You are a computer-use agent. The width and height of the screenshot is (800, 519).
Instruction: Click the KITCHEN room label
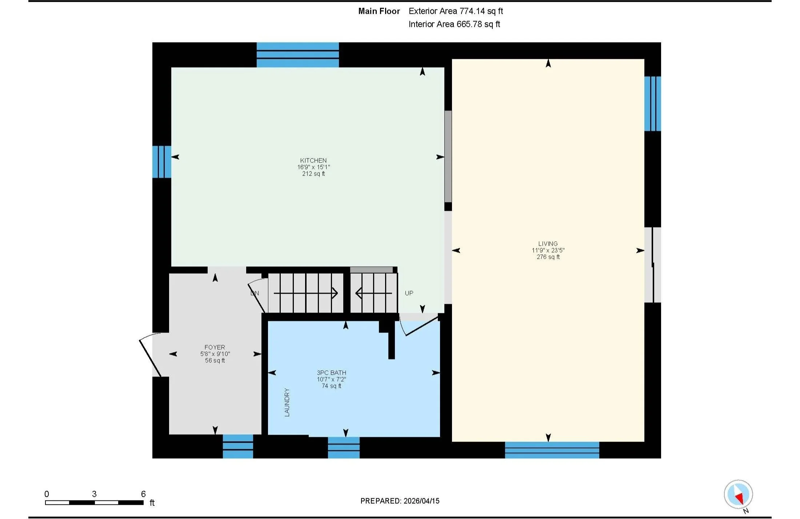pyautogui.click(x=313, y=160)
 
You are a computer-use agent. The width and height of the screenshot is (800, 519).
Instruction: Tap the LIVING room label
pyautogui.click(x=548, y=244)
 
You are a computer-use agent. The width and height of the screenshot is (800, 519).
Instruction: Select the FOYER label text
pyautogui.click(x=215, y=347)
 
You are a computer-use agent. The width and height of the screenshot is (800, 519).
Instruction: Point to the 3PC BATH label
pyautogui.click(x=331, y=373)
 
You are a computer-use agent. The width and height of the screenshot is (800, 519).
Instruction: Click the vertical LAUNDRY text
pyautogui.click(x=287, y=402)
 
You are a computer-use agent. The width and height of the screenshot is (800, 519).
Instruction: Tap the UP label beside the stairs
pyautogui.click(x=409, y=293)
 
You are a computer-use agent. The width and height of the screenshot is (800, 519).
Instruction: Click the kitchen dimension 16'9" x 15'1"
pyautogui.click(x=313, y=167)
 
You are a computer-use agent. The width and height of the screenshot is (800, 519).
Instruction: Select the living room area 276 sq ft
pyautogui.click(x=548, y=257)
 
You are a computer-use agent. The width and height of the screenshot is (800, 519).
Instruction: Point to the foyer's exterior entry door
pyautogui.click(x=150, y=355)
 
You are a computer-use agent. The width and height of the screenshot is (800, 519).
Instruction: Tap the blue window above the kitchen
pyautogui.click(x=297, y=55)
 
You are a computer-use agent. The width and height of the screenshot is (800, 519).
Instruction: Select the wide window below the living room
pyautogui.click(x=552, y=450)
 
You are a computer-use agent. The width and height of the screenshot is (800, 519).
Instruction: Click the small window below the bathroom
pyautogui.click(x=344, y=447)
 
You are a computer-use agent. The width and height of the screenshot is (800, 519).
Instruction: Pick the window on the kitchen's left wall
pyautogui.click(x=162, y=162)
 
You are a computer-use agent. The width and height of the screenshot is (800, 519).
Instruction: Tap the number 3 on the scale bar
pyautogui.click(x=94, y=494)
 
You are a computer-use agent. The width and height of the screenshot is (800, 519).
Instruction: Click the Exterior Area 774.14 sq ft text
pyautogui.click(x=456, y=11)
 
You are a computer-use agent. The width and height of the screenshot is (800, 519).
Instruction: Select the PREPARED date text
pyautogui.click(x=400, y=501)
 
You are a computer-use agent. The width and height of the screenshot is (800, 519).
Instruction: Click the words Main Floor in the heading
pyautogui.click(x=379, y=11)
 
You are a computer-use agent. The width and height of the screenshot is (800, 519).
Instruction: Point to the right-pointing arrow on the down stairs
pyautogui.click(x=306, y=293)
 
